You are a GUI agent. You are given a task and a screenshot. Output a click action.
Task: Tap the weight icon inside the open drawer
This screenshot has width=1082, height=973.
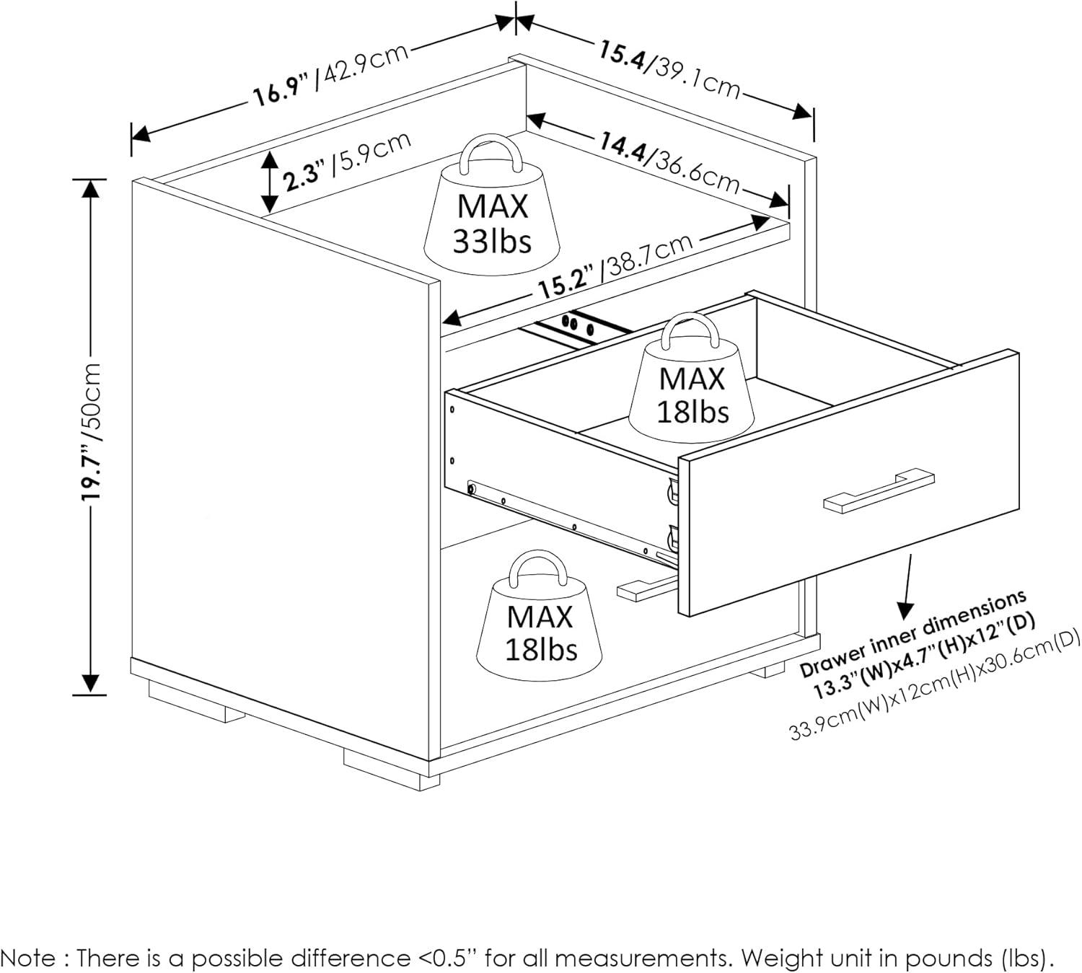(x=691, y=379)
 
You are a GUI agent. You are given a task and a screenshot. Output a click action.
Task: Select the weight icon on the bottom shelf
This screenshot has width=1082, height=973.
(x=540, y=619)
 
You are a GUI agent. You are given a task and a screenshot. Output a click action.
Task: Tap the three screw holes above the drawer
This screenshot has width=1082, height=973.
(x=578, y=324)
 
